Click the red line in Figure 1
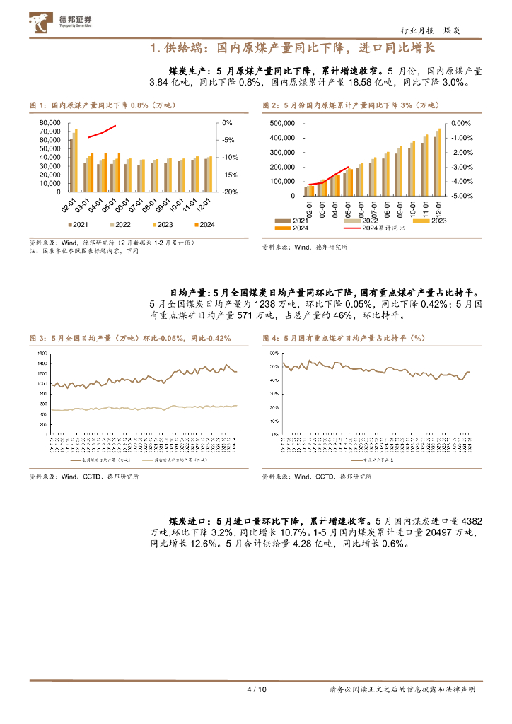point(102,132)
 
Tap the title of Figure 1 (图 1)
point(102,105)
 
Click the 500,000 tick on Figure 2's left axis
point(283,122)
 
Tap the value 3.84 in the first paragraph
point(161,82)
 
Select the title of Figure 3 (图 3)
point(130,339)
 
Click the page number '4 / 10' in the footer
point(255,689)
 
